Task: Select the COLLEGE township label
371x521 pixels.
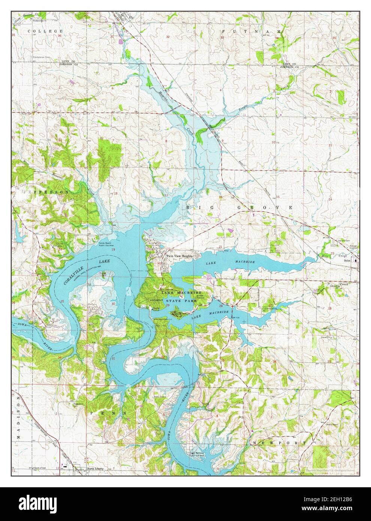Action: point(47,31)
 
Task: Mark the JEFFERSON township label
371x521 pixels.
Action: point(41,192)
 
